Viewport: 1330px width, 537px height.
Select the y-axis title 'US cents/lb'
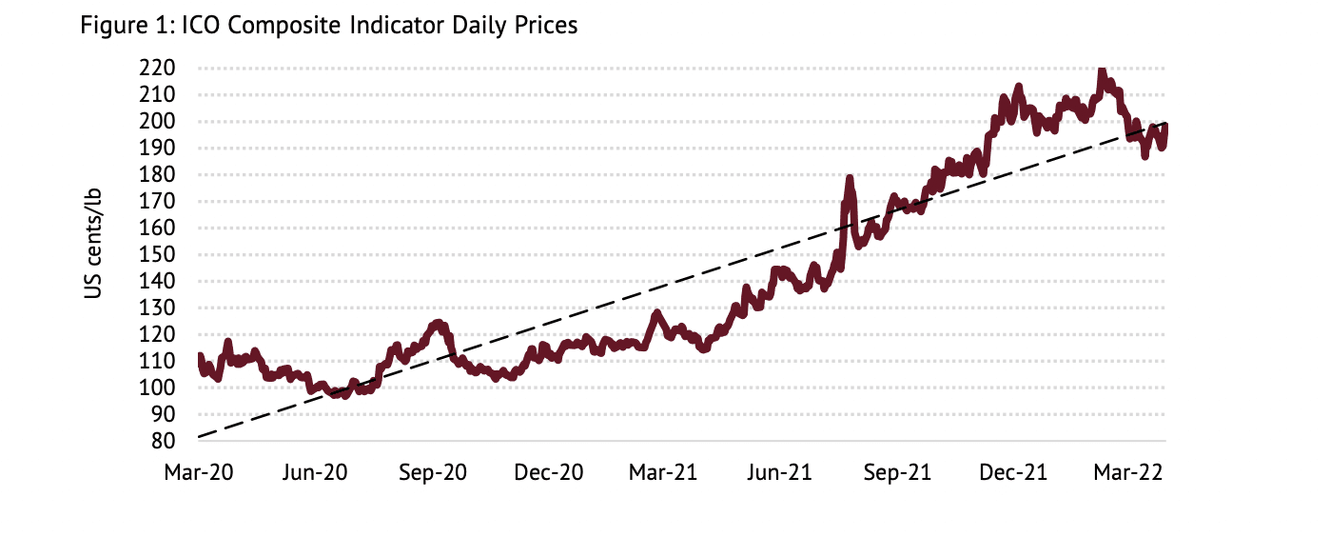click(x=93, y=244)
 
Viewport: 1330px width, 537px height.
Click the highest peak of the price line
click(x=1101, y=70)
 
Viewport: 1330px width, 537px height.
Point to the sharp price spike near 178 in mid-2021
click(x=849, y=178)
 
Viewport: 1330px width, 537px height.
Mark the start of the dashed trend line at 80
click(x=199, y=436)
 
